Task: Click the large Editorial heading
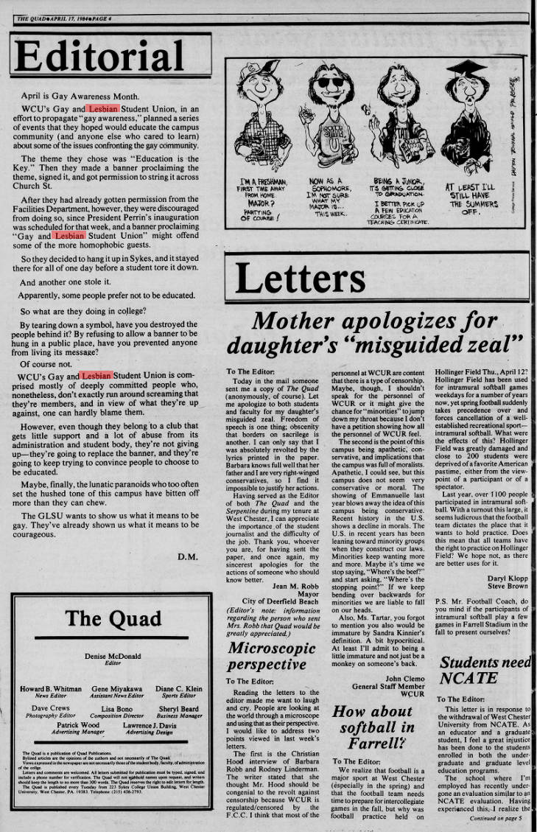99,57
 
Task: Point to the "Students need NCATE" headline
484,671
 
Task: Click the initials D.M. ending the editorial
188,556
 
